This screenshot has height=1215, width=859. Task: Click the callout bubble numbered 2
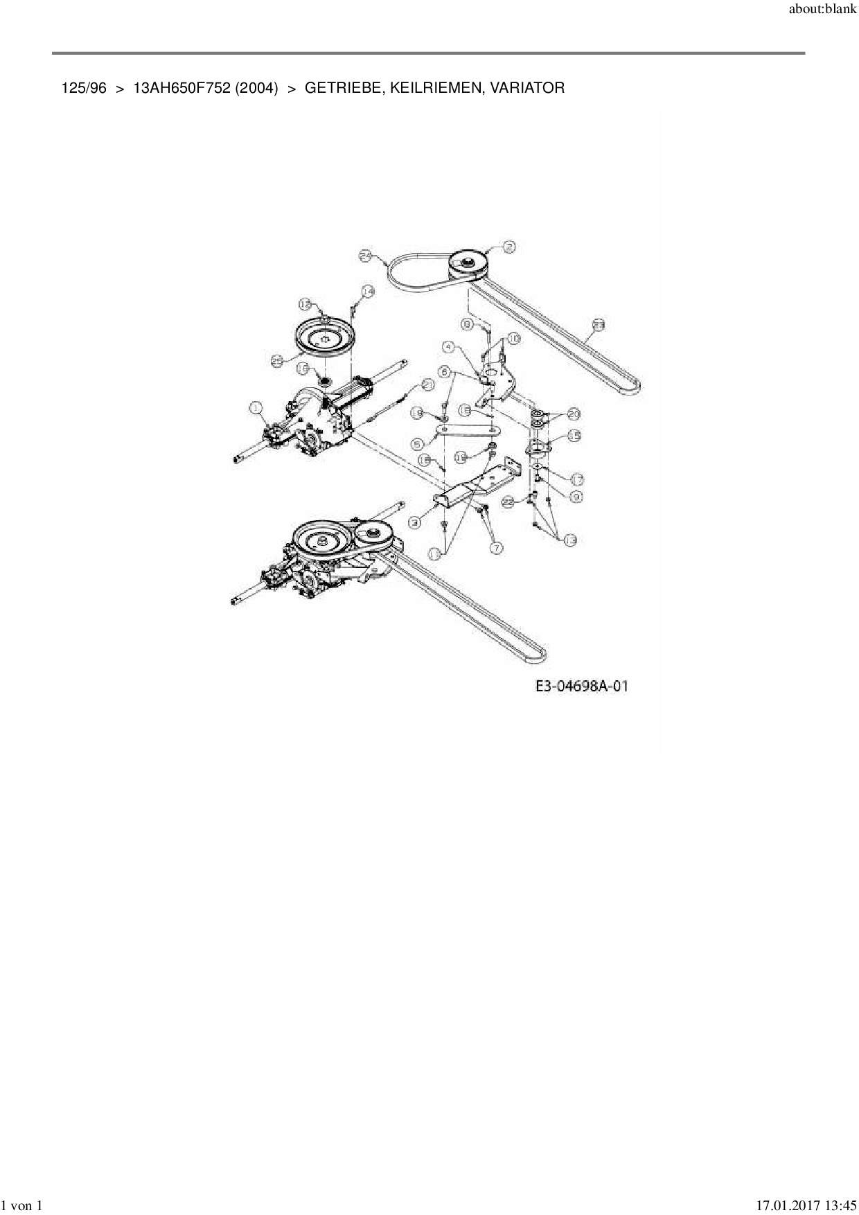coord(509,246)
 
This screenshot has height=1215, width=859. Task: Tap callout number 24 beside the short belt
coord(366,256)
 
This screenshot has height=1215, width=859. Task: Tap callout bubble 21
coord(427,385)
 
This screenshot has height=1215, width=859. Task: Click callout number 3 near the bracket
coord(415,523)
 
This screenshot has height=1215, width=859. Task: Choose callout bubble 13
coord(570,540)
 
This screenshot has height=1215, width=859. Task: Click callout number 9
coord(576,496)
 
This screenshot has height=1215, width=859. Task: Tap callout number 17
coord(576,479)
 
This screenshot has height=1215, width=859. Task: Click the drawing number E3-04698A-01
coord(581,686)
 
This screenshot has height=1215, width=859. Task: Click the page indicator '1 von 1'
coord(22,1206)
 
